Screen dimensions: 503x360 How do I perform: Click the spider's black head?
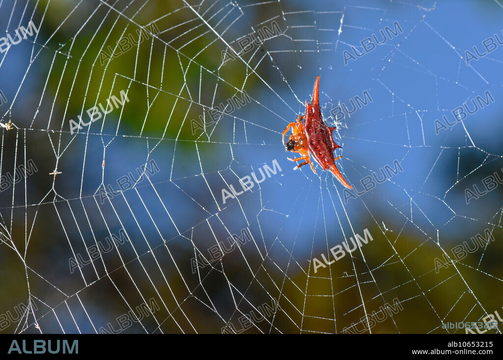tap(291, 145)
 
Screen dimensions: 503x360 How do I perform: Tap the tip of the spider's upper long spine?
tap(317, 78)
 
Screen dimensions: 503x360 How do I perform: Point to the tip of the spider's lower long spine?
tap(350, 187)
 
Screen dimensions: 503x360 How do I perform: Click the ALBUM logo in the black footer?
tap(43, 347)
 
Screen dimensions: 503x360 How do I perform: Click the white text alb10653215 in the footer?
tap(470, 344)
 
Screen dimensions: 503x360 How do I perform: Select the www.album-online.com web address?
tap(452, 352)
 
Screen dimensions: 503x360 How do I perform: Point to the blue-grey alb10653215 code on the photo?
tap(470, 325)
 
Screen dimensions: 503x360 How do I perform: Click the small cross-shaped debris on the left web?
tap(55, 172)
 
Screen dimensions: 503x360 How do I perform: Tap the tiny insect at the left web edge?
tap(6, 126)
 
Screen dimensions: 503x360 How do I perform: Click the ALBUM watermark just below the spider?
tap(251, 181)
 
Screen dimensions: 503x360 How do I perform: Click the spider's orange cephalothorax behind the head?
tap(300, 141)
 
